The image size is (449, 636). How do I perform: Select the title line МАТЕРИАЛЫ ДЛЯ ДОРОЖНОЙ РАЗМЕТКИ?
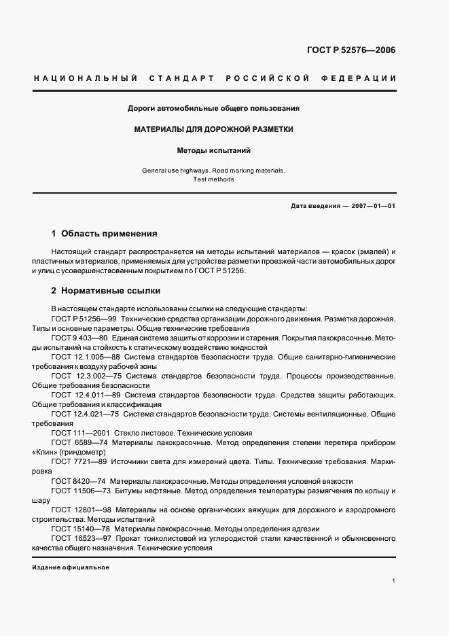214,129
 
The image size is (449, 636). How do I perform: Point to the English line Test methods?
214,179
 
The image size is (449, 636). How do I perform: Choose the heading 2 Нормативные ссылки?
106,291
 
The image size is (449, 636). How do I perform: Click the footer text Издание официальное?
71,567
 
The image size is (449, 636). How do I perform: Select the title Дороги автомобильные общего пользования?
214,108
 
